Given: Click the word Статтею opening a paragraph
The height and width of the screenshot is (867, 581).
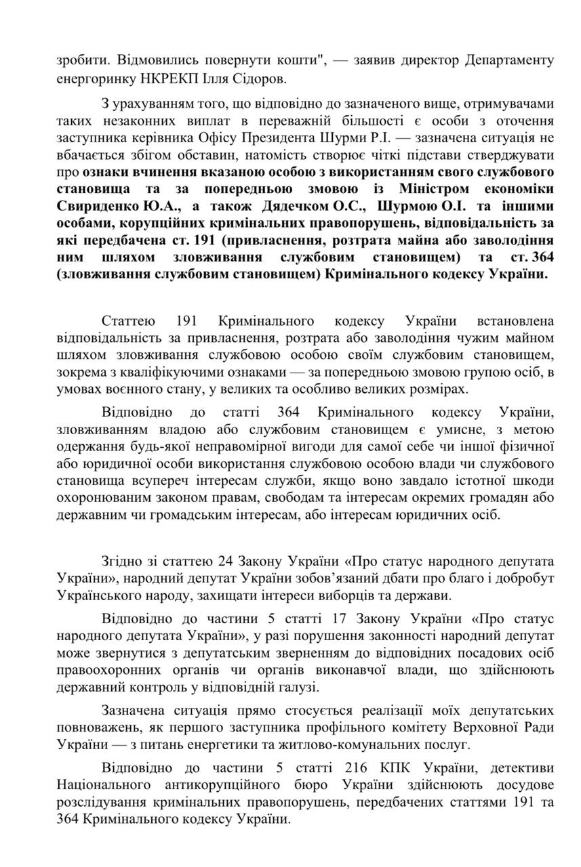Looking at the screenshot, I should point(129,320).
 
